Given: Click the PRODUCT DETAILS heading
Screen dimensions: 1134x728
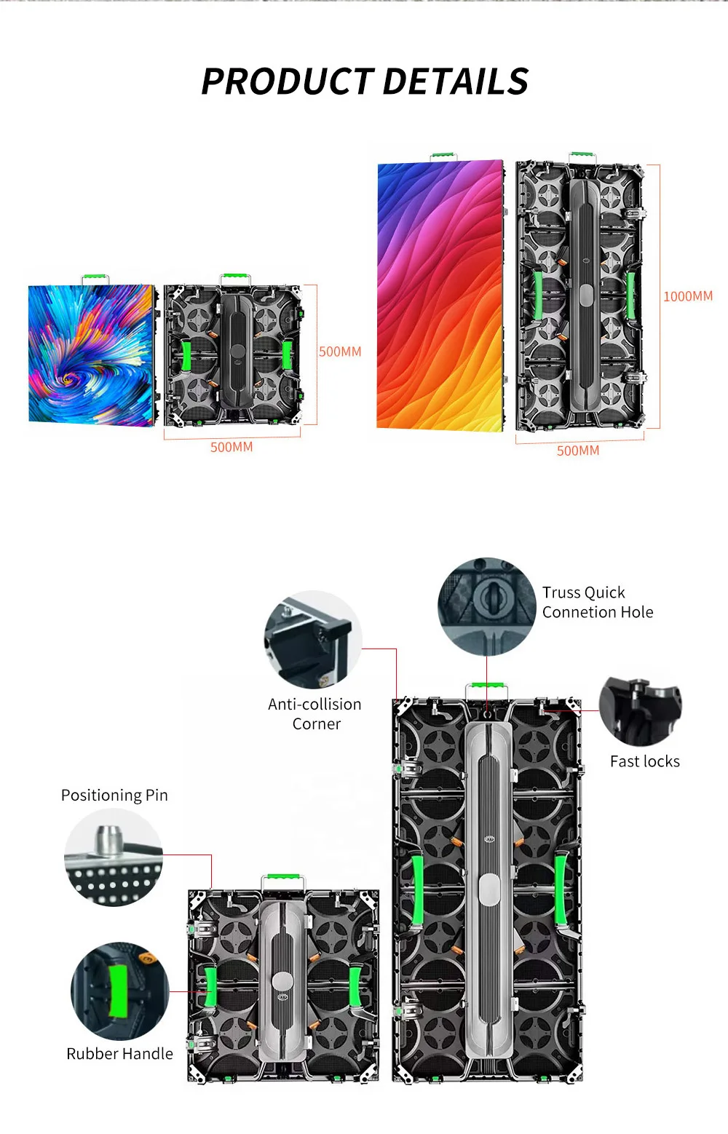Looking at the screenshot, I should (365, 82).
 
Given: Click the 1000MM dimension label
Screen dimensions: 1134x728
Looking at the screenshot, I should (687, 296).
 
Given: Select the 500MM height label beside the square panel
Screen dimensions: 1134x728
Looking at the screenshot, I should (340, 352).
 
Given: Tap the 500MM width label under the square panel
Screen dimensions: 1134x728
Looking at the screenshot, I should (232, 447).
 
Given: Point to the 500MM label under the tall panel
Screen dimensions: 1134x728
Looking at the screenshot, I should (578, 451).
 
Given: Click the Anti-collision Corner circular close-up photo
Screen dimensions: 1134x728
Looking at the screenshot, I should (313, 640).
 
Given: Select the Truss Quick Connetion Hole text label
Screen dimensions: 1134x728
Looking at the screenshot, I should (597, 602).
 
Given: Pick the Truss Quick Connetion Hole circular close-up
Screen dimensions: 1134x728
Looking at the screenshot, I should (487, 606).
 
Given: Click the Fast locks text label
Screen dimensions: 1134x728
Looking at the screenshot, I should (644, 761).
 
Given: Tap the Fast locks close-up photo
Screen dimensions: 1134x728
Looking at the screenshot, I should (640, 711).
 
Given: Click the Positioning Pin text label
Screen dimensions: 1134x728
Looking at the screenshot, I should (114, 795).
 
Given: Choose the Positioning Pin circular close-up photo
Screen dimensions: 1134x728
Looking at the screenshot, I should (114, 857).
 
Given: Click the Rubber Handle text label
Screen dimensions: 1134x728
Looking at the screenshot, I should (119, 1053).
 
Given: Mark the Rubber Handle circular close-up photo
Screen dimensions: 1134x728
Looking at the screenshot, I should (119, 991).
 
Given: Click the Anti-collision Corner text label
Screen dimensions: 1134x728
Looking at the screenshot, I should (314, 714).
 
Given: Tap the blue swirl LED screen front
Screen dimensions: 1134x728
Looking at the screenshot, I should (91, 354).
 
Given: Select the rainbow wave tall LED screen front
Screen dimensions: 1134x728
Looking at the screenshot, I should (440, 295).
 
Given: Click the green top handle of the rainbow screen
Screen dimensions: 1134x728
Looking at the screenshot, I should (443, 156).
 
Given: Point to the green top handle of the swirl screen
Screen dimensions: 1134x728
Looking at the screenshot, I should (95, 278).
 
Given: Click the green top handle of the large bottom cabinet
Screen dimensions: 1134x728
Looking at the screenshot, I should (487, 686).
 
